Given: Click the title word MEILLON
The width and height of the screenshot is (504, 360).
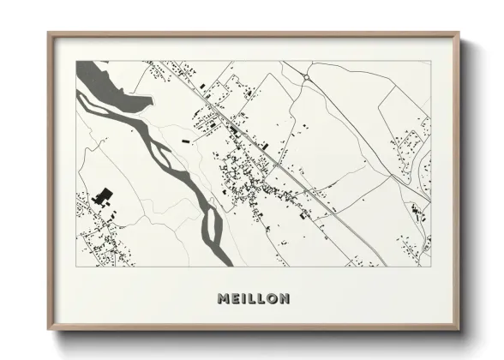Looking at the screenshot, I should point(253,299).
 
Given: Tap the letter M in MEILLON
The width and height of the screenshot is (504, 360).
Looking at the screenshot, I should point(224,299).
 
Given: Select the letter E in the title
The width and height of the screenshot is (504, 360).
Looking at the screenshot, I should point(237,299).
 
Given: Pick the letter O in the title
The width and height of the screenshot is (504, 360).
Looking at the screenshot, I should point(272,299).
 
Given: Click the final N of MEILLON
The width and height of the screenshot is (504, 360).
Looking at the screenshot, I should point(285,299).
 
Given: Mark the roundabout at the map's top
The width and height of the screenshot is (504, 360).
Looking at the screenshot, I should point(306,78).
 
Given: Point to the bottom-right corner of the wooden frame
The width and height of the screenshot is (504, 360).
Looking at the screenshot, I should point(459,330).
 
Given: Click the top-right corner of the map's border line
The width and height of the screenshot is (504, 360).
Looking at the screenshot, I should point(431,61).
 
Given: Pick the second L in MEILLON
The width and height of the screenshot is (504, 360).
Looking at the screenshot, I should point(261,299).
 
